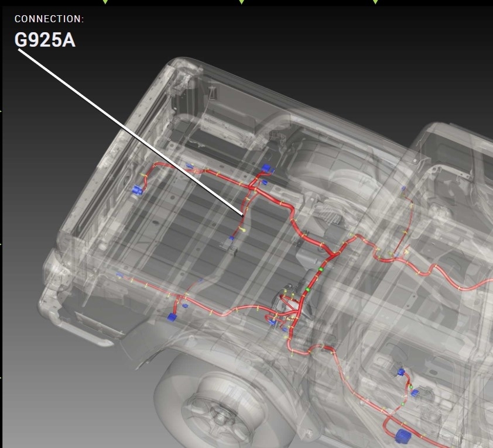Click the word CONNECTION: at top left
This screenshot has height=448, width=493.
coord(49,19)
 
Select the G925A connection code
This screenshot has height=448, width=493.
coord(45,40)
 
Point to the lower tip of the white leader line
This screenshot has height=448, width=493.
coord(243,216)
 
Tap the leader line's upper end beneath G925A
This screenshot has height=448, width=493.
coord(19,49)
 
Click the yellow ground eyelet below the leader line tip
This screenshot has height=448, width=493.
coord(244,230)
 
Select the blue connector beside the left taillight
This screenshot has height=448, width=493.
coord(137,190)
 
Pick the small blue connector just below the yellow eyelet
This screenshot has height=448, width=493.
coord(231,238)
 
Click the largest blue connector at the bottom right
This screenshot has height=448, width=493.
coord(403,436)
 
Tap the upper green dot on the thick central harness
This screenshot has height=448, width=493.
coord(321,269)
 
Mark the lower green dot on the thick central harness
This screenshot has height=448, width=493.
coord(308,289)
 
